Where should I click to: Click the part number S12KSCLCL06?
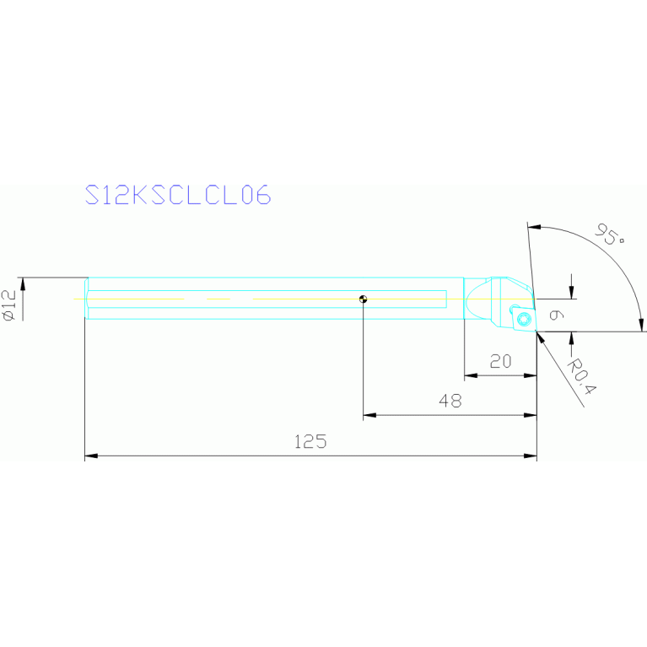tap(178, 195)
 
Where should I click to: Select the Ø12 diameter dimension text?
tap(9, 305)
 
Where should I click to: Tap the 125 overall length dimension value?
tap(310, 442)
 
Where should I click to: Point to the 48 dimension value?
tap(450, 401)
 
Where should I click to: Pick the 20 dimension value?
tap(500, 362)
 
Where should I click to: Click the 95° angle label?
tap(609, 234)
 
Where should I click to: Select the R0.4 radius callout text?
tap(582, 376)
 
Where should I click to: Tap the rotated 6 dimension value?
tap(557, 315)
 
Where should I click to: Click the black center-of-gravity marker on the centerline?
tap(363, 299)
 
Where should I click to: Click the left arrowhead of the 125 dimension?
tap(91, 456)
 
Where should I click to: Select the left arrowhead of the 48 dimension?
tap(369, 415)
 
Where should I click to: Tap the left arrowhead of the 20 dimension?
tap(471, 375)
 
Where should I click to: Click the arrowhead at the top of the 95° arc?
tap(534, 227)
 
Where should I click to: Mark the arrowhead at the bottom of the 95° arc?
tap(642, 325)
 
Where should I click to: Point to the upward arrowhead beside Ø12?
tap(23, 284)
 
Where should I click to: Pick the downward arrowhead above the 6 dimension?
tap(571, 292)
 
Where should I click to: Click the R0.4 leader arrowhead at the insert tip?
tap(541, 337)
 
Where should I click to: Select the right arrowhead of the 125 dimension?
tap(531, 456)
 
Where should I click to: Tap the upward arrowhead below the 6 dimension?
tap(571, 338)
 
